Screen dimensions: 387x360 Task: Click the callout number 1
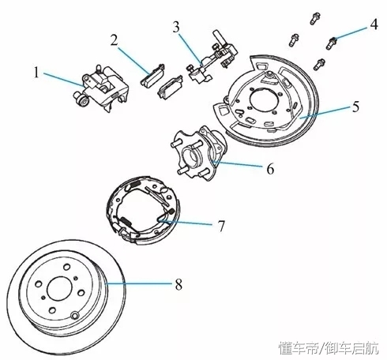coord(36,72)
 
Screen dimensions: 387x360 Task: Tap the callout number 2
coord(114,40)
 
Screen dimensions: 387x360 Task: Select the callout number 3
coord(176,27)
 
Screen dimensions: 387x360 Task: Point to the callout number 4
coord(374,24)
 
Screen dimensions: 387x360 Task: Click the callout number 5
coord(355,107)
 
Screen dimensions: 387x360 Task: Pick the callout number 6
coord(270,169)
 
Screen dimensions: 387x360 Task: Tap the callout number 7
coord(221,226)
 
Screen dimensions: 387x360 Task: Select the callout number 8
coord(178,284)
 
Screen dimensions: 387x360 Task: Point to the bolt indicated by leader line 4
coord(332,43)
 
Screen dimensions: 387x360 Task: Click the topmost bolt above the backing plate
coord(315,18)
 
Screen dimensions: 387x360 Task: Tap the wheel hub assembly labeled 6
coord(199,153)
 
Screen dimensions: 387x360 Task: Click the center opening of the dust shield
coord(264,99)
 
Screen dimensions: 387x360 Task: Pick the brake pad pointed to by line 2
coord(153,75)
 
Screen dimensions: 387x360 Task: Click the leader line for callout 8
coord(139,283)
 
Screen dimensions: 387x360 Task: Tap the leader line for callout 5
coord(324,112)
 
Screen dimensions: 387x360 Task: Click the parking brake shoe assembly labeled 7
coord(144,208)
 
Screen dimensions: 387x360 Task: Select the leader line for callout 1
coord(63,80)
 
